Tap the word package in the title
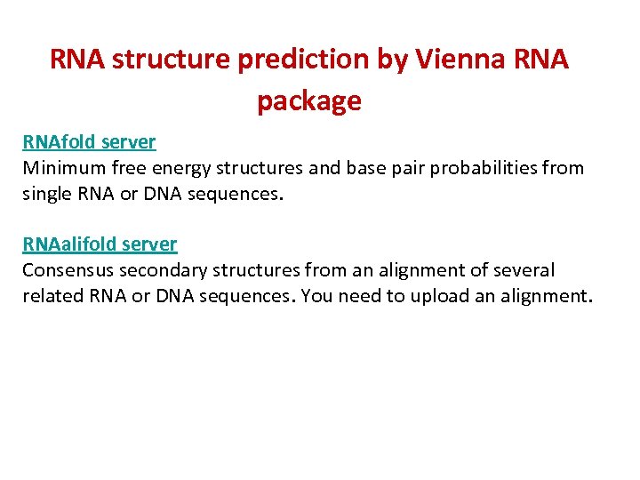coord(309,101)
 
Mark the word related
coord(52,296)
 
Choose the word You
coord(316,296)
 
